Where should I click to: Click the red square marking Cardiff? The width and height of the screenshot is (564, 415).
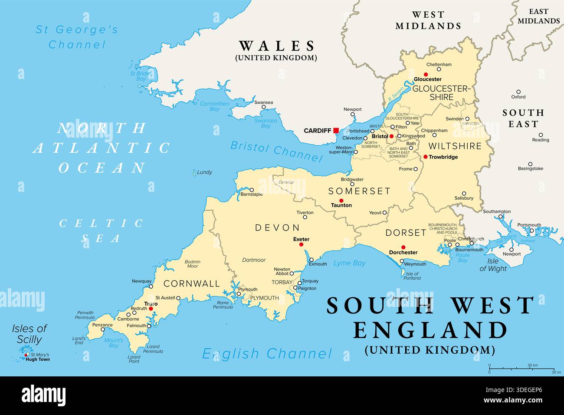[336, 130]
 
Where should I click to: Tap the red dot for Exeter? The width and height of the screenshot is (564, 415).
[301, 245]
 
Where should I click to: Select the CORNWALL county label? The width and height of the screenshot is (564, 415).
[192, 283]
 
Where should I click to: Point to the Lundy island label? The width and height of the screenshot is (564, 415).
[204, 172]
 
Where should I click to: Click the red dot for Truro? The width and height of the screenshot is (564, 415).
[151, 309]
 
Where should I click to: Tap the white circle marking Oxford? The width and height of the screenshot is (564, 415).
[518, 92]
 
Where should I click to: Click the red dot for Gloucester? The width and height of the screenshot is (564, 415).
[426, 74]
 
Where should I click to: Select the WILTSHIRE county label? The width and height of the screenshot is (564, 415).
[455, 146]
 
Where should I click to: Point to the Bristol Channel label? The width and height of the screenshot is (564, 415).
[274, 150]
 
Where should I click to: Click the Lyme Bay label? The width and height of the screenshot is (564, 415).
[349, 263]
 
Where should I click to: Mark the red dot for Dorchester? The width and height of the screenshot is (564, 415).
[403, 247]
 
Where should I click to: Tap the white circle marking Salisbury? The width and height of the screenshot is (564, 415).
[464, 193]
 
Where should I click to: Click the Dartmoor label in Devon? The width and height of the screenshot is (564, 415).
[254, 260]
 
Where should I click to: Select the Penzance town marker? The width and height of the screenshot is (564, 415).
[103, 329]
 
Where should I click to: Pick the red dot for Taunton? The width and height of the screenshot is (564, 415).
[341, 200]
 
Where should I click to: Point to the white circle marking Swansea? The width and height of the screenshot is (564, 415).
[263, 108]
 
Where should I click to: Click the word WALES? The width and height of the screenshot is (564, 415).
[277, 46]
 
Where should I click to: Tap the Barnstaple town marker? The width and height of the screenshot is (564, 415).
[252, 190]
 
